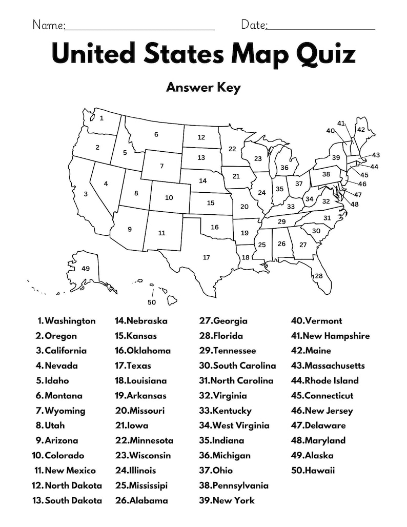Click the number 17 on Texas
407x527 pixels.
point(206,257)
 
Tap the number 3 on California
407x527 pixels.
point(86,194)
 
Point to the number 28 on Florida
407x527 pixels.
point(319,276)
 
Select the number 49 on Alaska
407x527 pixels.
point(86,268)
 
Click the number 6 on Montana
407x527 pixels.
point(156,134)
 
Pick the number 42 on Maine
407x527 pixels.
point(361,130)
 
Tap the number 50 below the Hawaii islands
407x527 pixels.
point(151,302)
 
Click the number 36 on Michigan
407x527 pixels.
point(284,167)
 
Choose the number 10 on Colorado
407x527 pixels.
point(169,197)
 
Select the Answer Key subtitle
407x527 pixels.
point(203,88)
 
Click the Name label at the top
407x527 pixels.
point(49,25)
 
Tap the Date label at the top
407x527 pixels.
point(254,25)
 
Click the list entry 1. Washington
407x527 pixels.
point(66,321)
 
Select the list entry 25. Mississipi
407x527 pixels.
point(141,485)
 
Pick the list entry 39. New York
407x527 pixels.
point(227,500)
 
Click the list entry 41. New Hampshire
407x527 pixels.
point(330,336)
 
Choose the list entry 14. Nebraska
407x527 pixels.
point(141,321)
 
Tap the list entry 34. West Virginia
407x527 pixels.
point(234,425)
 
